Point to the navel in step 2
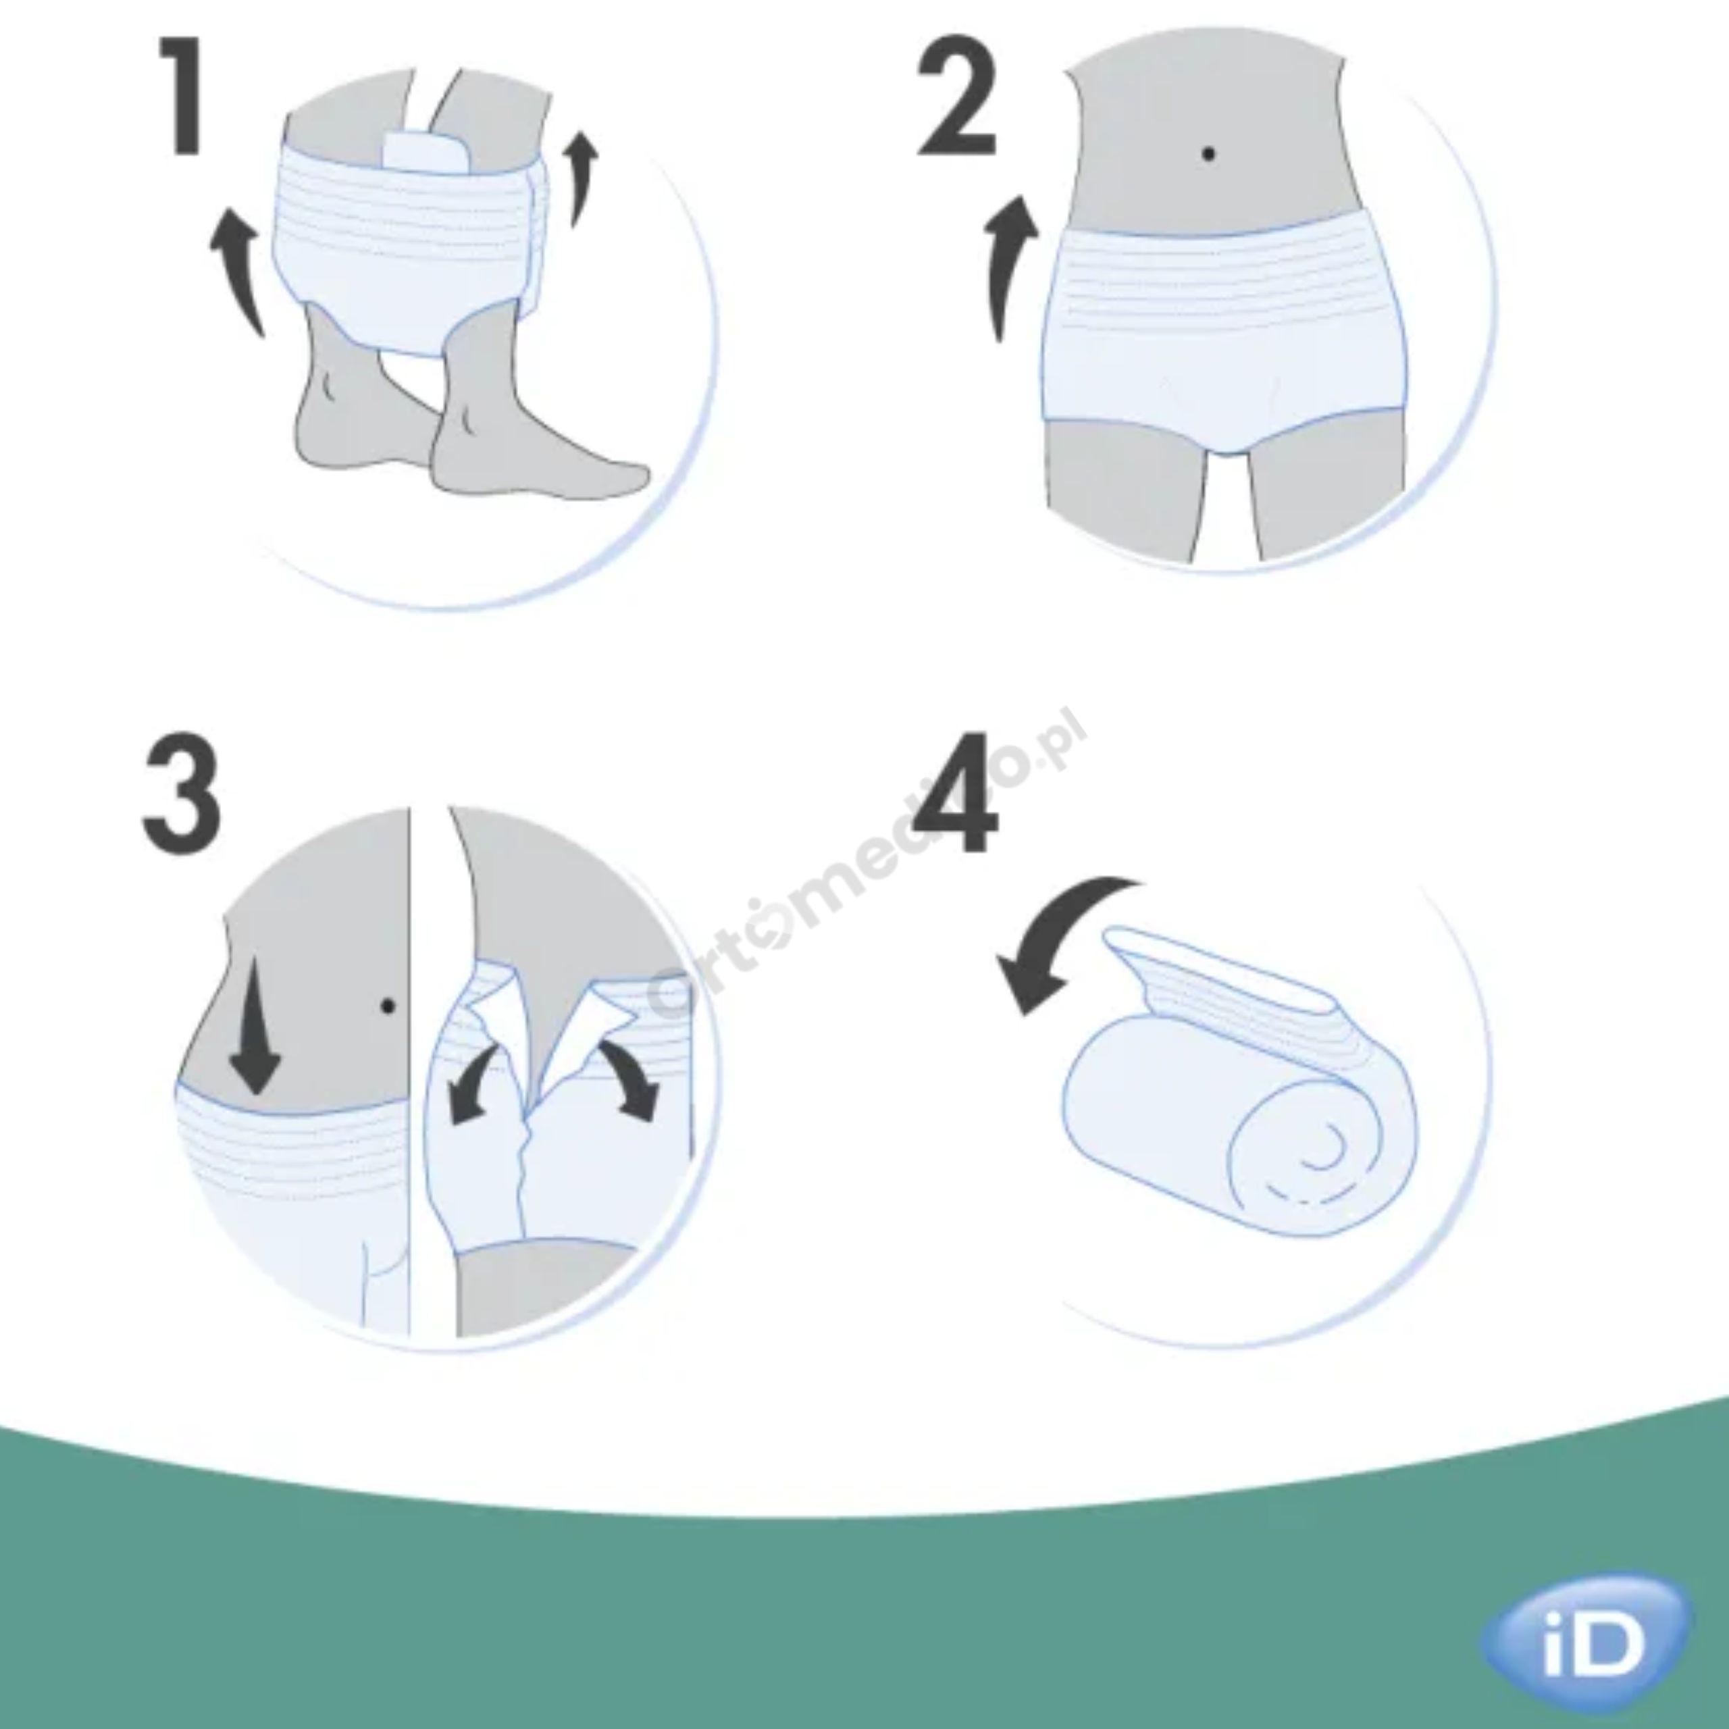point(1209,154)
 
